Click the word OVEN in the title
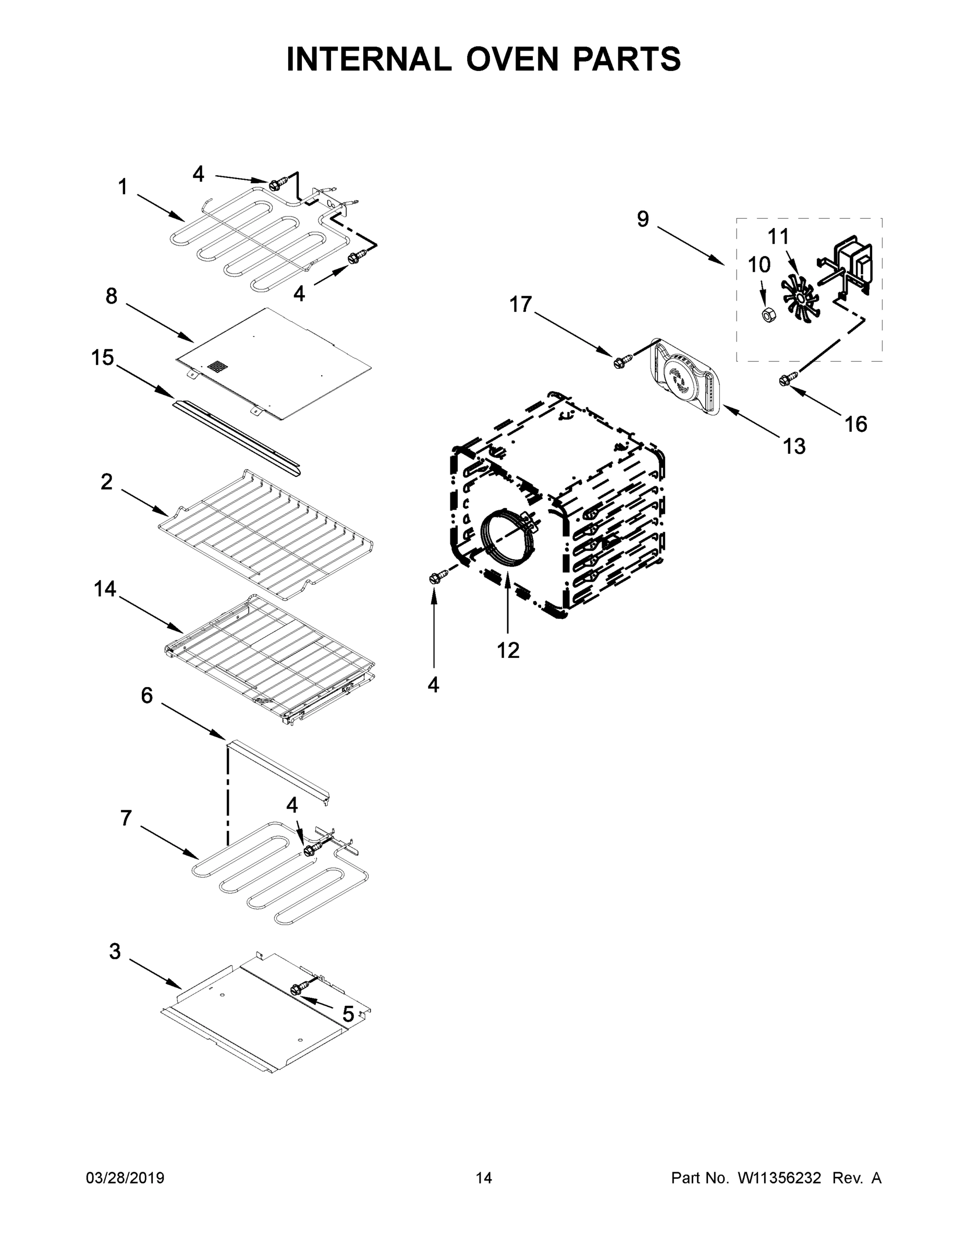click(x=511, y=59)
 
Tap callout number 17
click(x=521, y=305)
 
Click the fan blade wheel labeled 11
click(x=800, y=296)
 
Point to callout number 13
click(x=794, y=446)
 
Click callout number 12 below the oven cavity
click(x=508, y=650)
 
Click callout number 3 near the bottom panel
click(x=115, y=952)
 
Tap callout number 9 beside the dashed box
click(x=643, y=219)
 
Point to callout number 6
click(x=147, y=696)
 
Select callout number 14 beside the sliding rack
click(x=105, y=589)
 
